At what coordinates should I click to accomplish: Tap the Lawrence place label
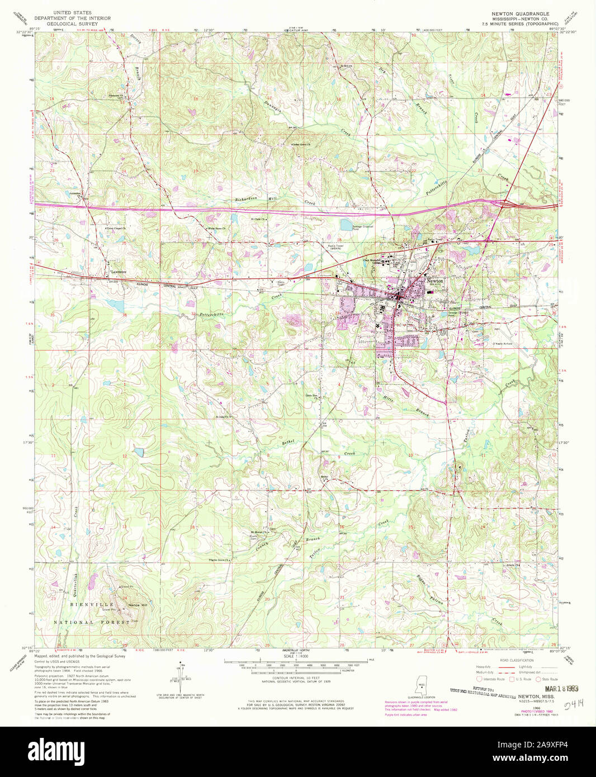tap(117, 272)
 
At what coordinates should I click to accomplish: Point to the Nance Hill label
tap(138, 605)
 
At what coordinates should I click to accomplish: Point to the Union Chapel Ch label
tap(116, 229)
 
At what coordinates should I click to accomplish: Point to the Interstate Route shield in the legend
tap(479, 679)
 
